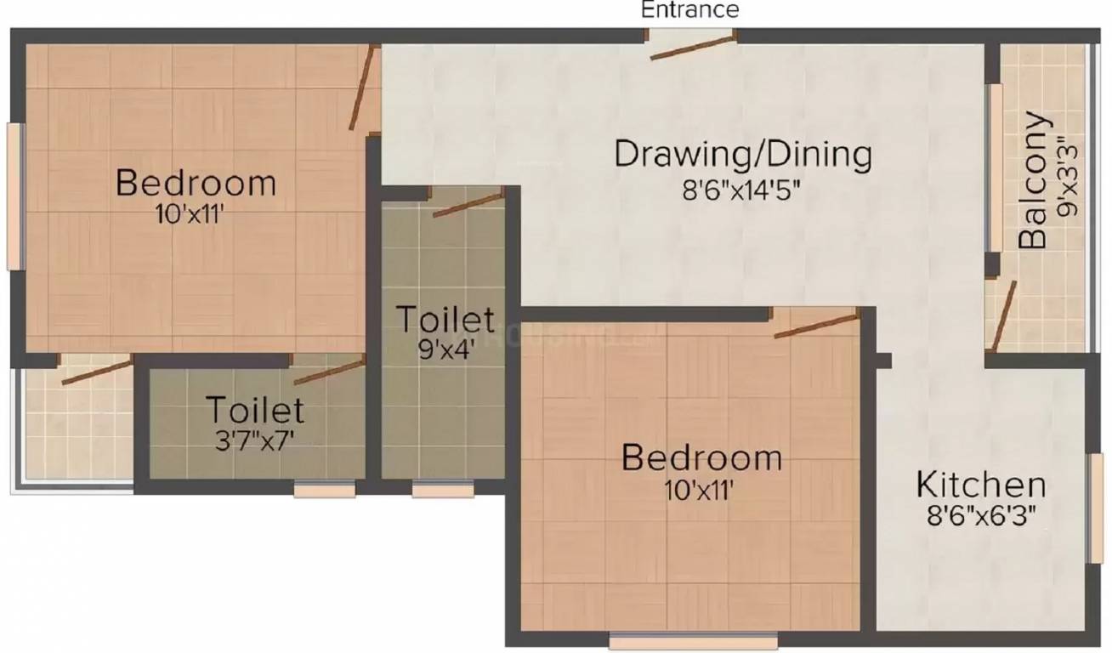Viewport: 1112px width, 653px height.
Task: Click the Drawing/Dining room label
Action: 743,155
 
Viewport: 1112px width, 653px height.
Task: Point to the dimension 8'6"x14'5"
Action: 743,188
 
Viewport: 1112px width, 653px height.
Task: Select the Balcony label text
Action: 1032,180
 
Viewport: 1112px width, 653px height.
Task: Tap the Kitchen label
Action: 980,485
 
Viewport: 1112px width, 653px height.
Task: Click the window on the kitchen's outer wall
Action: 1096,508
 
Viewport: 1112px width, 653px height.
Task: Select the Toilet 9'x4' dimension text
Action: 445,350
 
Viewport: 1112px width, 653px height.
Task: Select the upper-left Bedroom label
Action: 196,183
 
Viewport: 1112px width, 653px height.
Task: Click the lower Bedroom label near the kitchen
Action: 701,457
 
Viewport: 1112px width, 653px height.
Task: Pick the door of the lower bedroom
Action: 816,325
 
